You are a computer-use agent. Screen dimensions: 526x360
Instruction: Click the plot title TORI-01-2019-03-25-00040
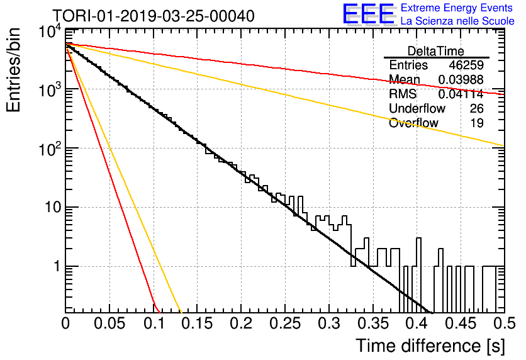point(154,16)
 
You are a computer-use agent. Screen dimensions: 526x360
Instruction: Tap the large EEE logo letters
point(368,14)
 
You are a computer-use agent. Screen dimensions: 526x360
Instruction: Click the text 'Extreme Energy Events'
point(457,8)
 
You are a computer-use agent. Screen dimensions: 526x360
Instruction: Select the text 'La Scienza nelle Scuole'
point(457,21)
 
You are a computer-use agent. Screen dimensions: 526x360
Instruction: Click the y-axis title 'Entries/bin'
point(13,70)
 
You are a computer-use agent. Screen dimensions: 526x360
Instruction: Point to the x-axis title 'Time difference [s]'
point(430,346)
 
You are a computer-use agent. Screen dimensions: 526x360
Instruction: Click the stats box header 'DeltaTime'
point(435,51)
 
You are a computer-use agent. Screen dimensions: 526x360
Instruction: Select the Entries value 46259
point(466,65)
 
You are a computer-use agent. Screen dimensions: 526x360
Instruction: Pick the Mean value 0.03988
point(461,79)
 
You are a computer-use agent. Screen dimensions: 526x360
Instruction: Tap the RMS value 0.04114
point(461,94)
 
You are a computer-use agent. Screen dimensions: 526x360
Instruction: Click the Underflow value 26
point(476,108)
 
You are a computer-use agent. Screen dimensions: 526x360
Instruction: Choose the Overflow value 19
point(477,123)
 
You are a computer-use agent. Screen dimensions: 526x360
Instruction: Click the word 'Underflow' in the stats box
point(417,108)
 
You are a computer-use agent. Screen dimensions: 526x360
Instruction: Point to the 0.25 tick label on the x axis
point(285,323)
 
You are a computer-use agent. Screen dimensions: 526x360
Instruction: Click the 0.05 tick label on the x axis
point(109,323)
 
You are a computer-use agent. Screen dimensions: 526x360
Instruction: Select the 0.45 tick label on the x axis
point(461,323)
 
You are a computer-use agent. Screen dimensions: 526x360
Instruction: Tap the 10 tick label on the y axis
point(53,207)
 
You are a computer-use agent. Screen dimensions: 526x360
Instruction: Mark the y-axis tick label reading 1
point(57,267)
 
